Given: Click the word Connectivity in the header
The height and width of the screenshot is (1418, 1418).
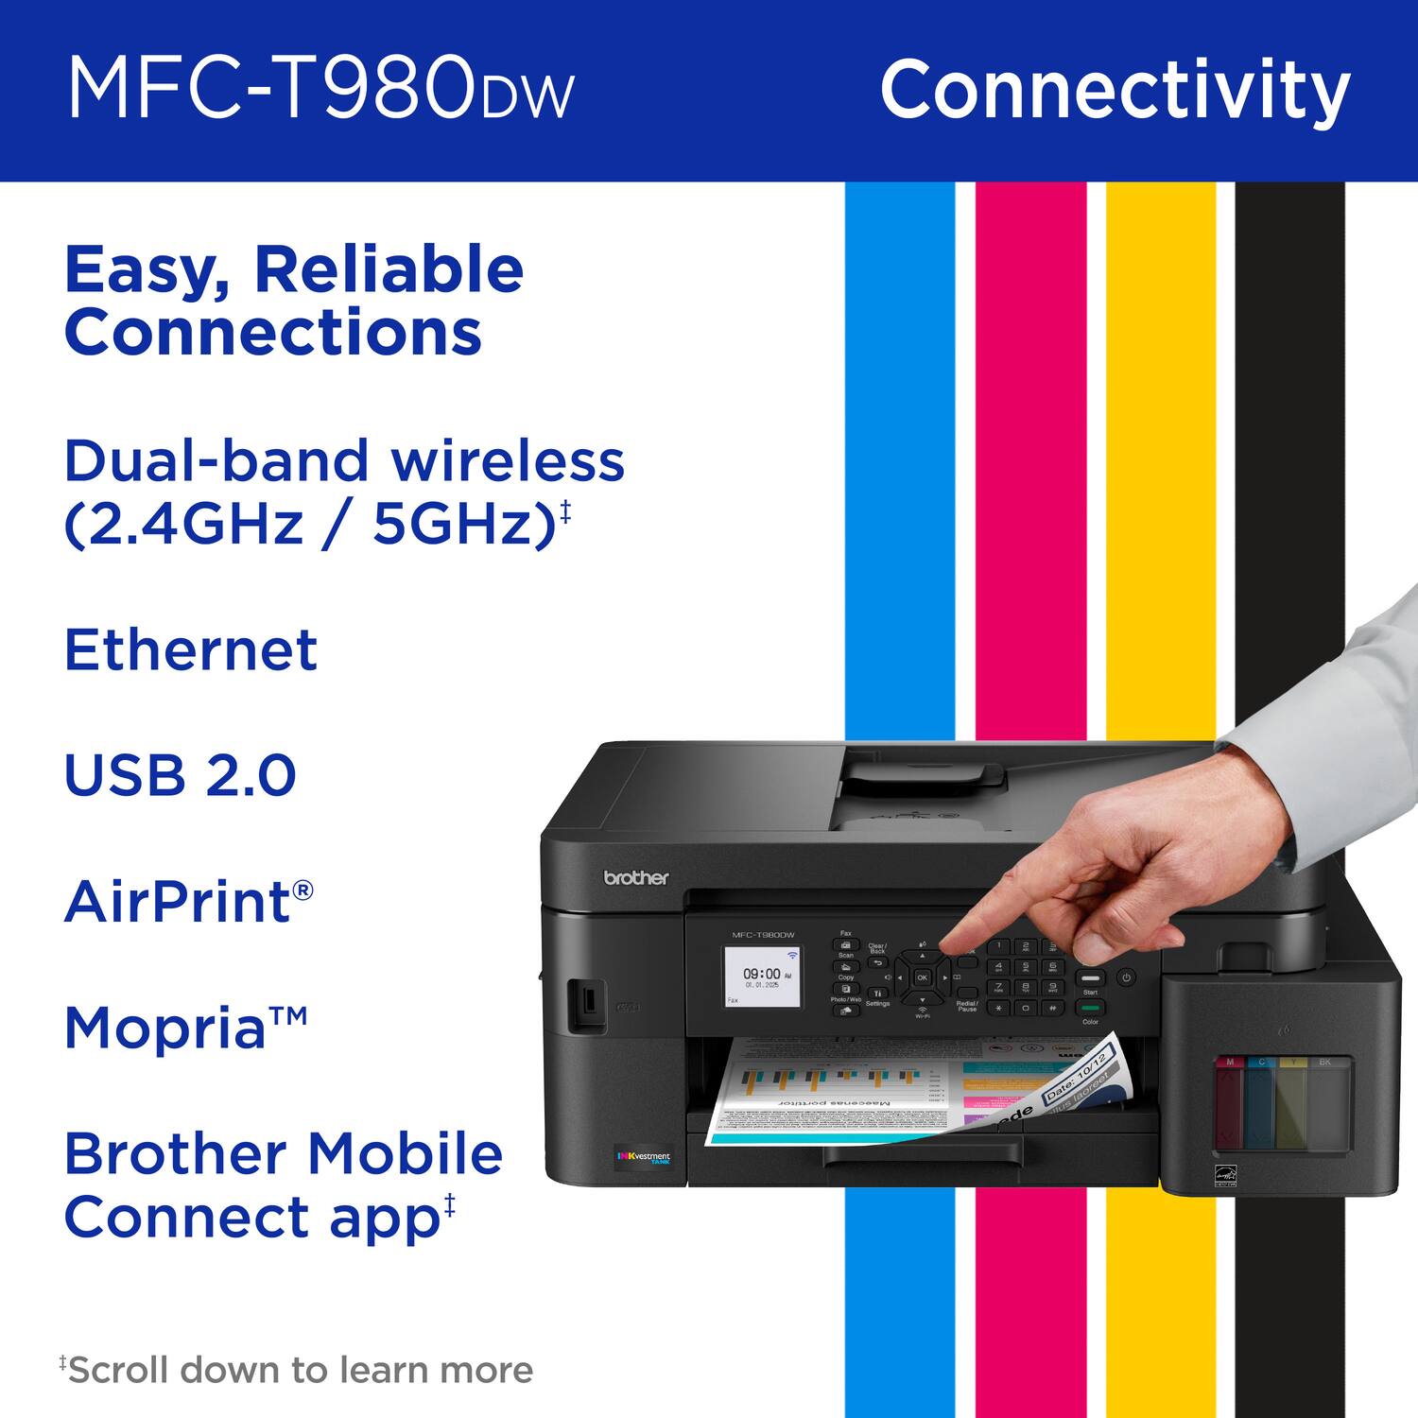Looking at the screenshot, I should tap(1115, 90).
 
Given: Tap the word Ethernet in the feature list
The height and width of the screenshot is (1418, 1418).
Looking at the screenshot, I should tap(190, 649).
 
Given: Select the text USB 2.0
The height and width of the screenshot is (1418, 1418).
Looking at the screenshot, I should tap(180, 775).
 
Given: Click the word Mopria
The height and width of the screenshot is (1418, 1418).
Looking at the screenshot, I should tap(166, 1028).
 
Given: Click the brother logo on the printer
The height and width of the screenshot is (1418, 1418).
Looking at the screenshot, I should tap(635, 878).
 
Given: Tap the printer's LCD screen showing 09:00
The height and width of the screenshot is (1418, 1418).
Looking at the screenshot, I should tap(762, 977).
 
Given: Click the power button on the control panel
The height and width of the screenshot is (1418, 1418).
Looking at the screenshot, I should tap(1125, 977).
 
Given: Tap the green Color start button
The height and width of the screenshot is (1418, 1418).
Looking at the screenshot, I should tap(1090, 1009).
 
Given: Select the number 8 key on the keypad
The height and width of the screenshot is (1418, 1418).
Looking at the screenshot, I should tap(1025, 987).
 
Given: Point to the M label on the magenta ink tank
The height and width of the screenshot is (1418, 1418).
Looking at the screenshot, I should tap(1229, 1063).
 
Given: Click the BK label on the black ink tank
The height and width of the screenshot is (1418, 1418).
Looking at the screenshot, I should tap(1324, 1063).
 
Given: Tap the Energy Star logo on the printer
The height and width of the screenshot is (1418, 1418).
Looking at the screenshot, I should tap(1223, 1176).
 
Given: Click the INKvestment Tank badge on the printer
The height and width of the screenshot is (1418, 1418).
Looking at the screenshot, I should tap(643, 1157).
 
